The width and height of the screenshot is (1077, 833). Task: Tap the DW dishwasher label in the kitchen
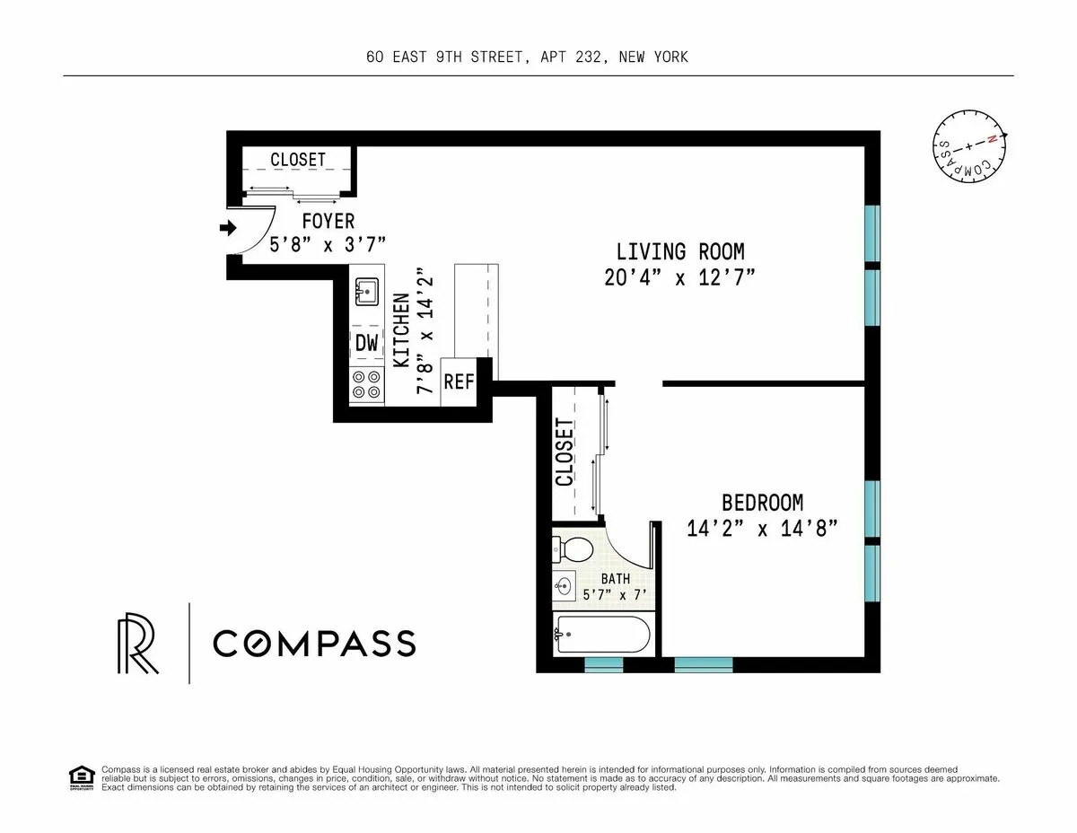tap(366, 342)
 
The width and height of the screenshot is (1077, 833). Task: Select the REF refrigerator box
tap(458, 381)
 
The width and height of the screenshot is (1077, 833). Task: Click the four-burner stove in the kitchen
tap(366, 385)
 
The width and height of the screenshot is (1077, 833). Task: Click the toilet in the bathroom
tap(568, 548)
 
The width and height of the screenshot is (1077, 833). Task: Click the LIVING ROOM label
tap(679, 251)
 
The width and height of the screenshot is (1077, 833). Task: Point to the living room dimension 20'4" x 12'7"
tap(679, 277)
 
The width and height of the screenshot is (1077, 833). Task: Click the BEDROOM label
tap(762, 503)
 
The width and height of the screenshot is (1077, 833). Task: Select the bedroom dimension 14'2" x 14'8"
tap(762, 529)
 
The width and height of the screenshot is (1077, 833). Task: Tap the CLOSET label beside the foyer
tap(298, 159)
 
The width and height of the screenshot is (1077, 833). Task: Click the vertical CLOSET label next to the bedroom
tap(565, 453)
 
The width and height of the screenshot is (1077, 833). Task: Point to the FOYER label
tap(328, 221)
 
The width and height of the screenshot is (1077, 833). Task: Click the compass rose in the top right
tap(968, 144)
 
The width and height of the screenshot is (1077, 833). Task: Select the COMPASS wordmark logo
tap(314, 643)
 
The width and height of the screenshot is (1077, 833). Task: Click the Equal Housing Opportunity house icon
tap(81, 777)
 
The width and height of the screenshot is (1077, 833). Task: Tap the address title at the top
tap(527, 57)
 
